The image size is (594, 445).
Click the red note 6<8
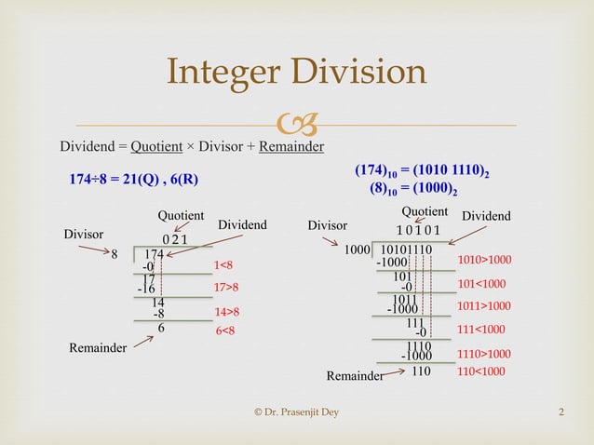point(224,330)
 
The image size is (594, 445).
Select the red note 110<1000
point(481,371)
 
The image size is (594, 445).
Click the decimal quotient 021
point(174,239)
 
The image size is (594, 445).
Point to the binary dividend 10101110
point(407,249)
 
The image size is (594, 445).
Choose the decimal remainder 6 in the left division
point(161,329)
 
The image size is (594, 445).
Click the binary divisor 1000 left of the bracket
point(358,249)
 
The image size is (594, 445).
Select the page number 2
point(561,412)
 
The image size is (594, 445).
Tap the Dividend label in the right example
point(486,216)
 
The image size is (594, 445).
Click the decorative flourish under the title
point(296,122)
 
